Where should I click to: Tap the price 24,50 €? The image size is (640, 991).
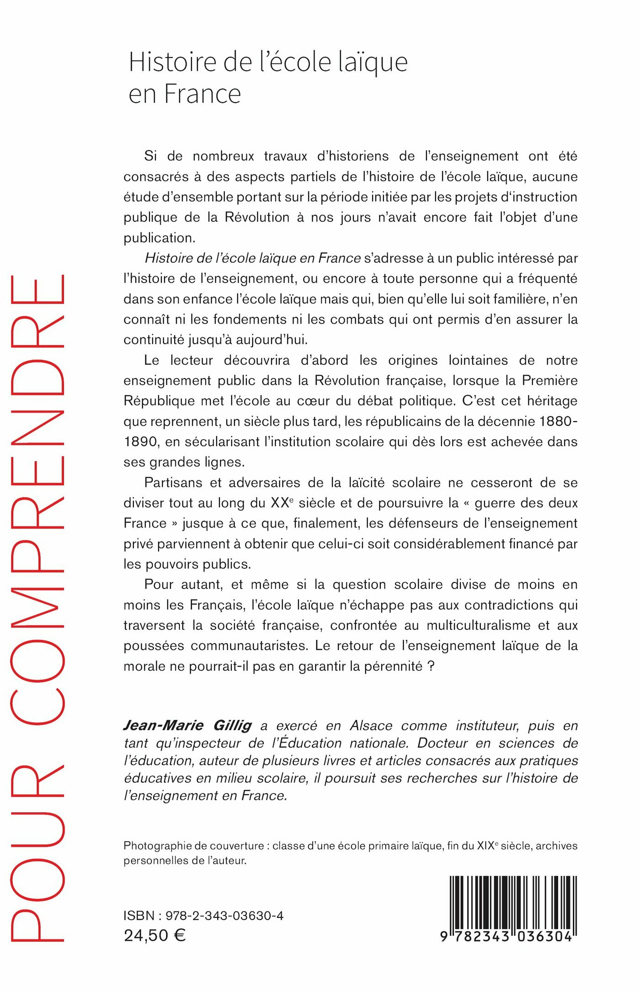tap(155, 936)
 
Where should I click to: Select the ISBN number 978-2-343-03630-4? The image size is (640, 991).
tap(224, 916)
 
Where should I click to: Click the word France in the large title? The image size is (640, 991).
tap(203, 94)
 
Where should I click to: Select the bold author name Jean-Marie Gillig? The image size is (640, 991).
tap(187, 725)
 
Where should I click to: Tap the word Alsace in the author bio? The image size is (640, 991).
tap(371, 725)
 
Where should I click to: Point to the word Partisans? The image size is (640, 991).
tap(173, 483)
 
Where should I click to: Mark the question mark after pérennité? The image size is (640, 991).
tap(430, 666)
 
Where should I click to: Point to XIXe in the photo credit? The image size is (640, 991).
tap(487, 846)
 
